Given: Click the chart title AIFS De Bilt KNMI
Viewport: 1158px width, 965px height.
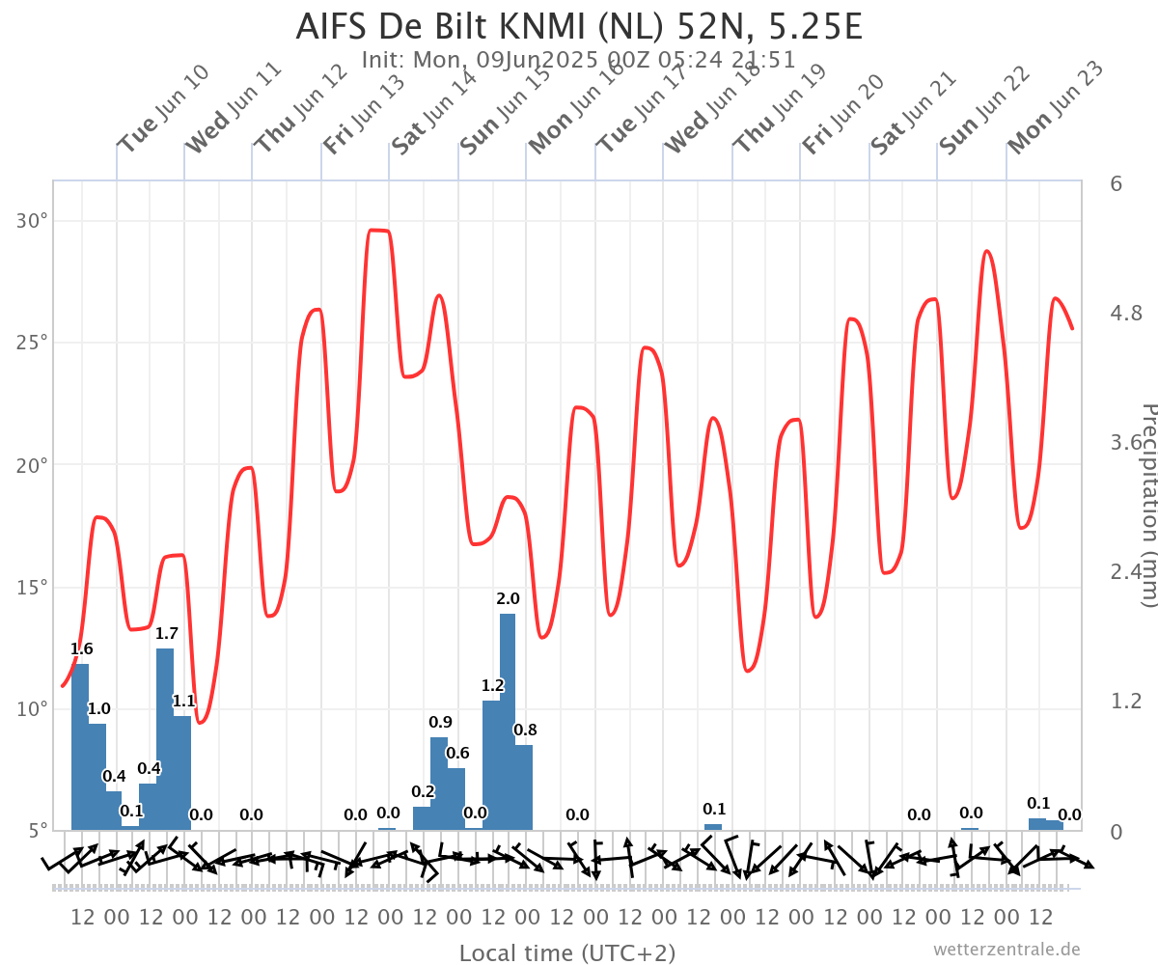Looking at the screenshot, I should tap(579, 26).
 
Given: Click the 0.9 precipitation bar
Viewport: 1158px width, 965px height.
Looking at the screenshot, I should tap(439, 783).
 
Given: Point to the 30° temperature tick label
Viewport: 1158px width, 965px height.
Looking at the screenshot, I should tap(35, 221).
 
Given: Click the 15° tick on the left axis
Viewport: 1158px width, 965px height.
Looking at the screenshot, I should tap(35, 587).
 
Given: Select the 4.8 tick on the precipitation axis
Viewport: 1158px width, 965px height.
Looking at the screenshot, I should tap(1126, 313).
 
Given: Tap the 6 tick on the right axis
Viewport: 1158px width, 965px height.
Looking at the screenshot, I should tap(1116, 183).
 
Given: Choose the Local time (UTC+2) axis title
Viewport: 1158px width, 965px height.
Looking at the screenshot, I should tap(567, 953).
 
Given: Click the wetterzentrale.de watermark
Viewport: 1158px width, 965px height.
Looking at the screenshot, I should tap(1006, 951).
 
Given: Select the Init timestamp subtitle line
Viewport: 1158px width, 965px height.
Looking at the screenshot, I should tap(579, 60).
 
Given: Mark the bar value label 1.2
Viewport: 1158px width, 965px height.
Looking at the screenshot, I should tap(493, 685).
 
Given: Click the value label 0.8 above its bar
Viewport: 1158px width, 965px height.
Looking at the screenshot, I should tap(525, 730).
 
